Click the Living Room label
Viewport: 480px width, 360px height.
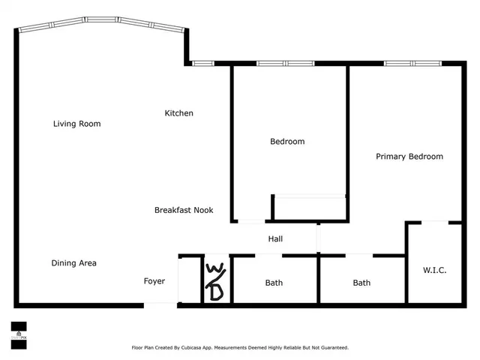76,124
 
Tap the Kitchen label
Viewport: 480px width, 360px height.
179,113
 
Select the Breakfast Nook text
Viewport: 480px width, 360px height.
184,210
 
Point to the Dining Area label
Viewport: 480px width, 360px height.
73,263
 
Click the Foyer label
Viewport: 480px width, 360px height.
154,281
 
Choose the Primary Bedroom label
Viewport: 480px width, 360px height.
409,157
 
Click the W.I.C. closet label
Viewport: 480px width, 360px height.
434,270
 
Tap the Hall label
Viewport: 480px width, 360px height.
275,239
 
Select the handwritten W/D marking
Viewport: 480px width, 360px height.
214,281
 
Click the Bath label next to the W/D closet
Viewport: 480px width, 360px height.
274,283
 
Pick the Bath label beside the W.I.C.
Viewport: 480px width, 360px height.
361,283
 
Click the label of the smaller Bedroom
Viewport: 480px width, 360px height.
287,141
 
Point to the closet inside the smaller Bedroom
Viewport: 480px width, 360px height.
309,208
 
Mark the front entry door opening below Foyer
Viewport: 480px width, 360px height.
160,304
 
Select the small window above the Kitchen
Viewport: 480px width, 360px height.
203,63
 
